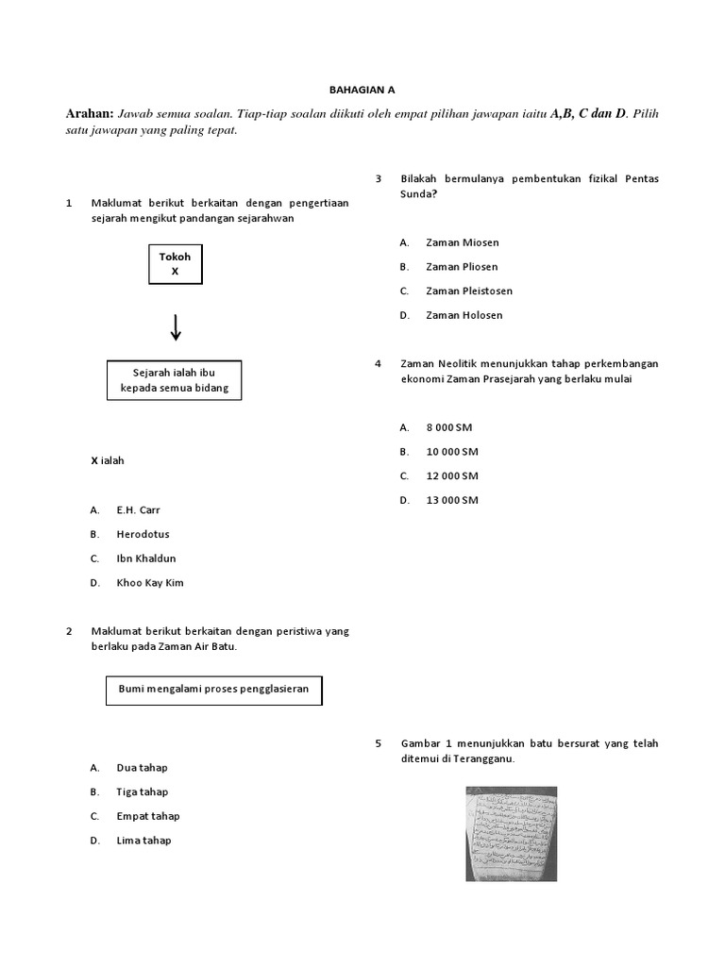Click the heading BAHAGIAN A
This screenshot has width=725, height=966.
point(362,90)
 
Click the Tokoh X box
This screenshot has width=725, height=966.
point(175,263)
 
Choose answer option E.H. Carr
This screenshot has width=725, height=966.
point(138,509)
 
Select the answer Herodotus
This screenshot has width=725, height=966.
point(143,534)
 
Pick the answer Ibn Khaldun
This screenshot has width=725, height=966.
point(146,558)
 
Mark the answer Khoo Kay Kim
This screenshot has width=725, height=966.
point(149,583)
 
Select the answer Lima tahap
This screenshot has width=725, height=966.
point(143,841)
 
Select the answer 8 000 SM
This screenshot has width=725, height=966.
point(448,427)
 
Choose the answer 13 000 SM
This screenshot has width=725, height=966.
point(451,500)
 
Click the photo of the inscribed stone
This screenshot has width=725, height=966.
point(511,834)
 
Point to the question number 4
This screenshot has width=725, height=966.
point(378,363)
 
